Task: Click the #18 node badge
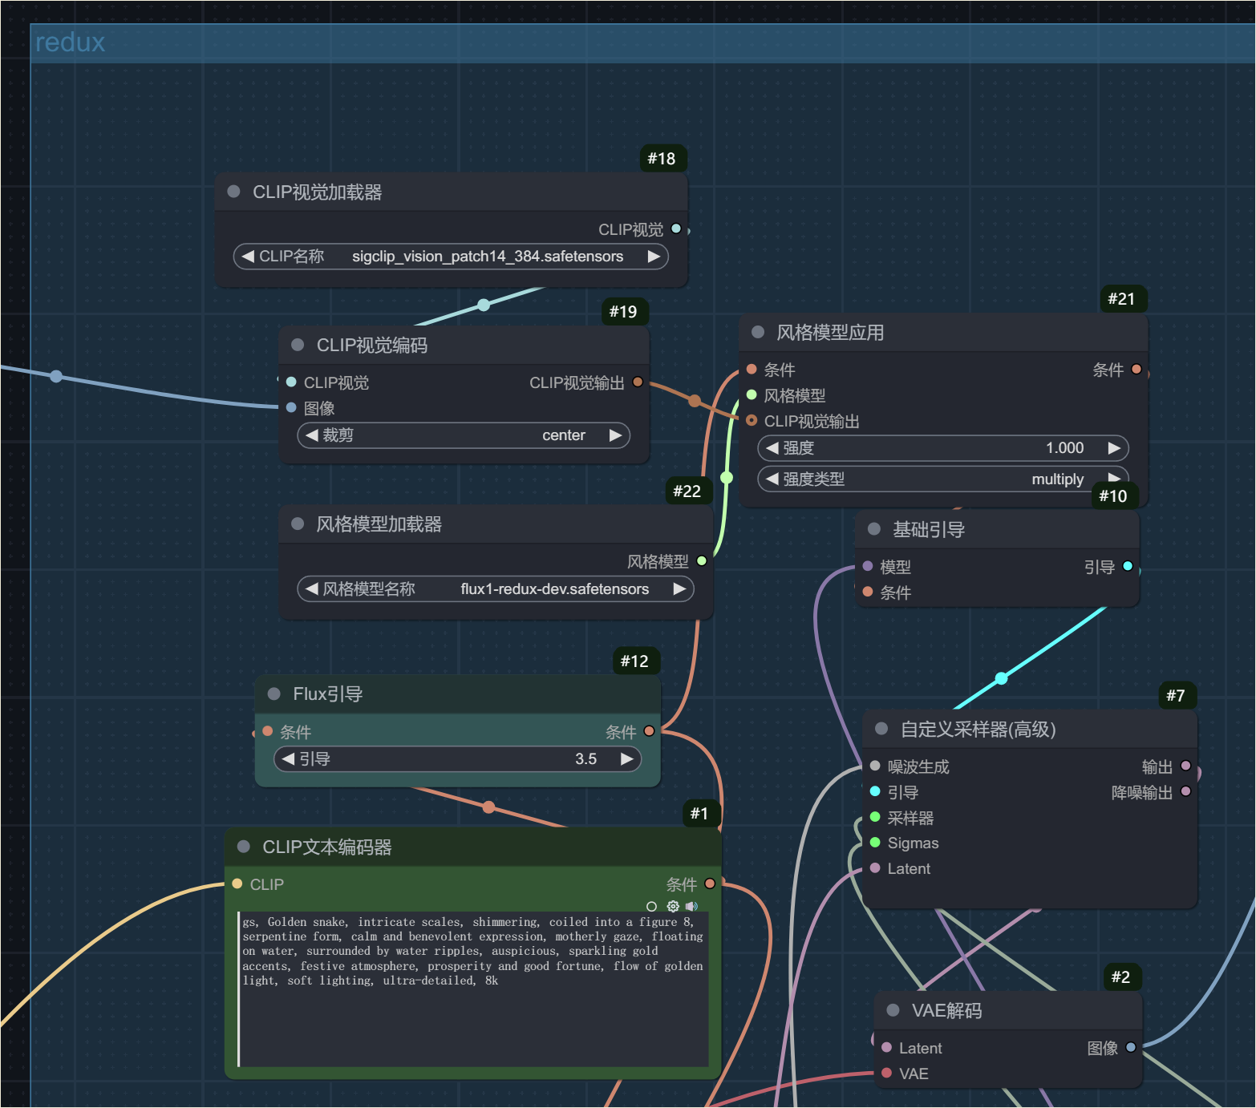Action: (x=662, y=158)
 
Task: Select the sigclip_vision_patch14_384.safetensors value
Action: (x=488, y=257)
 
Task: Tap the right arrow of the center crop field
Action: (x=615, y=435)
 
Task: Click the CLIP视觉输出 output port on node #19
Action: (x=638, y=382)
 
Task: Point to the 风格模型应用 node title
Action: (x=830, y=333)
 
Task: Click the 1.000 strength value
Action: (x=1064, y=448)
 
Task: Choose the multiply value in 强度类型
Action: (x=1057, y=479)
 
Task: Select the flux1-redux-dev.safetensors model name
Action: (x=554, y=589)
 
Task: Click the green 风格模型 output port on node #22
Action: (x=702, y=561)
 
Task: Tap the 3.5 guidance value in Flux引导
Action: (x=585, y=758)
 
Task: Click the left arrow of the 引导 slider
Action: (x=288, y=758)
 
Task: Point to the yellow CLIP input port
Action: (x=237, y=884)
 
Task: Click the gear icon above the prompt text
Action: (x=673, y=906)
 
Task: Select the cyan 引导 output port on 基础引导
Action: (x=1128, y=566)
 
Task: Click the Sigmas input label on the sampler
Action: (x=913, y=843)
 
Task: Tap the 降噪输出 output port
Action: (x=1186, y=791)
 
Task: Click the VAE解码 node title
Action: (x=946, y=1011)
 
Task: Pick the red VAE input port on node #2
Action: (x=886, y=1073)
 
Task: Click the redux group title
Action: (x=70, y=42)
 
